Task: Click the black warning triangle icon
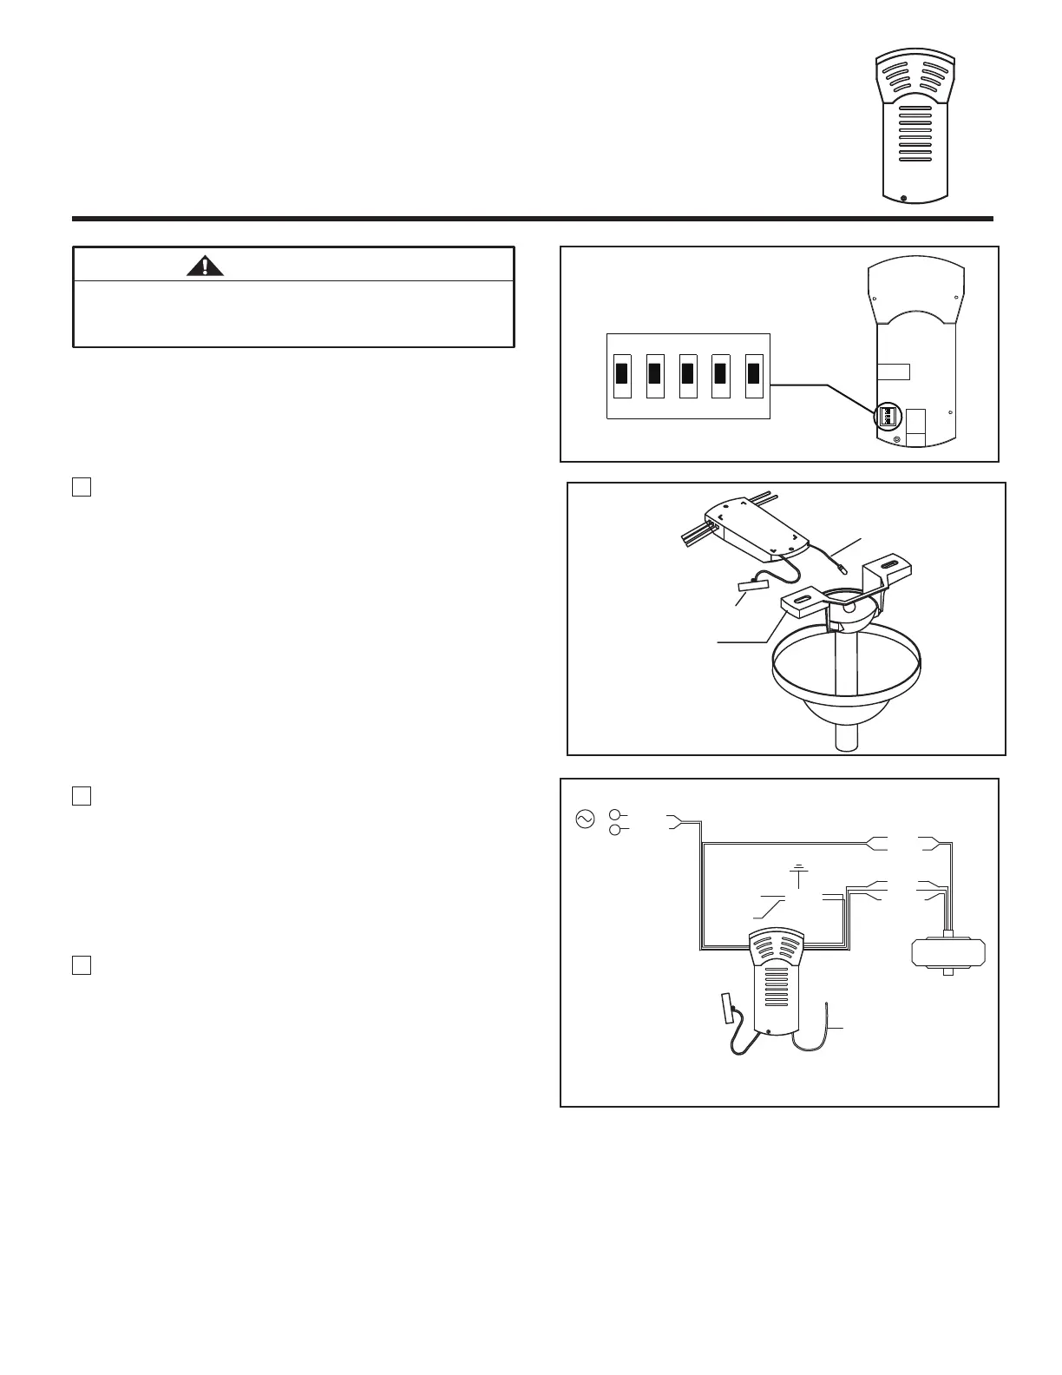(x=205, y=266)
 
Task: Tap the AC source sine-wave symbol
(x=585, y=819)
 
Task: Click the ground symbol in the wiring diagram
(x=798, y=869)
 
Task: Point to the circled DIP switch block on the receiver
(x=888, y=416)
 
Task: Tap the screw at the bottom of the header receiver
(x=904, y=199)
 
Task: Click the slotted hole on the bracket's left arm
(x=803, y=598)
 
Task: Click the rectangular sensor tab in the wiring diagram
(x=727, y=1008)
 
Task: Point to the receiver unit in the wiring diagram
(x=776, y=981)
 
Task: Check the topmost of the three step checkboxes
(x=82, y=486)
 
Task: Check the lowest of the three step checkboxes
(x=82, y=965)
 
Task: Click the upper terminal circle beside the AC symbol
(x=615, y=815)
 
